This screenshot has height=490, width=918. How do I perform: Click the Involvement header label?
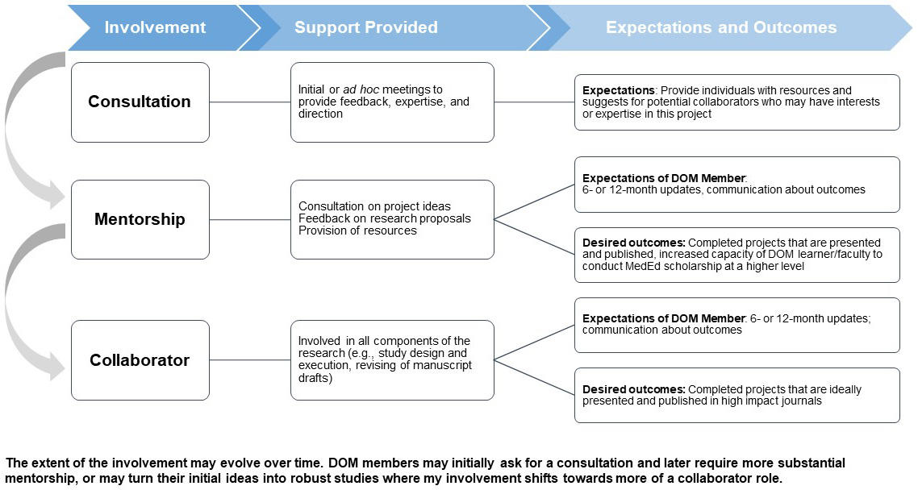(155, 27)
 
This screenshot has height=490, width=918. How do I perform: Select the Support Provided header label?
(365, 27)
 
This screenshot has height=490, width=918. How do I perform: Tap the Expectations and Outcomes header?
(720, 27)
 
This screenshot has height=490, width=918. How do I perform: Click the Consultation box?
(140, 102)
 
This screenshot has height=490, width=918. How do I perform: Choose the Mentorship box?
(140, 219)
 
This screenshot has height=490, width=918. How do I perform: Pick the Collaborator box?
(140, 360)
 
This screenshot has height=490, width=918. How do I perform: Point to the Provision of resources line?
(357, 230)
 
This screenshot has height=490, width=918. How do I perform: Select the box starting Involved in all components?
(392, 359)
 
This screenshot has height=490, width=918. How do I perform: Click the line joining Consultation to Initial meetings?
(250, 102)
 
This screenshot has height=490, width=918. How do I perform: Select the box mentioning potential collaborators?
(736, 102)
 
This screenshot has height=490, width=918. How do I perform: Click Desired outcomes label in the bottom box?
(623, 389)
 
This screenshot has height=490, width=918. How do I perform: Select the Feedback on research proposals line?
(384, 218)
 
